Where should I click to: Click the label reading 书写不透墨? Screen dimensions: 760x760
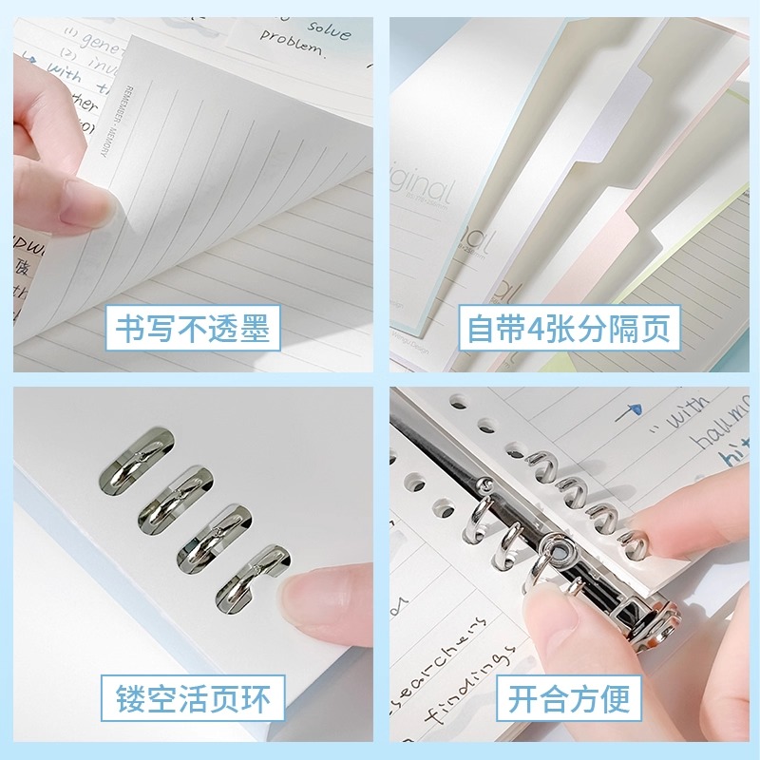[194, 329]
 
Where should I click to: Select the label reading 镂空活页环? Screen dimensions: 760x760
[194, 701]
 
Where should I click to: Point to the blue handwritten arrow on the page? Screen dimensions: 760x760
[627, 410]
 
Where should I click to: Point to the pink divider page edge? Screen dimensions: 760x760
[622, 228]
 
